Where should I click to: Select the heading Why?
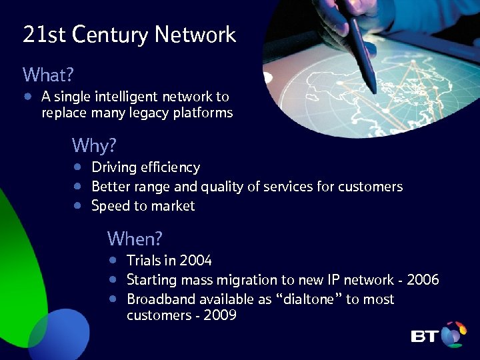(94, 145)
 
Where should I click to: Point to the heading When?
(135, 238)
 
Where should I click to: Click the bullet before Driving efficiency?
(78, 167)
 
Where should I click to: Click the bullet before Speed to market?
(78, 206)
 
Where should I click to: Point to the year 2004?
(196, 261)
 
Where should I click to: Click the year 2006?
(423, 280)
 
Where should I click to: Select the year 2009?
(220, 315)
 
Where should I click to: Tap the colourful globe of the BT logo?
(453, 335)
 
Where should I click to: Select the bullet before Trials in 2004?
(114, 261)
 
